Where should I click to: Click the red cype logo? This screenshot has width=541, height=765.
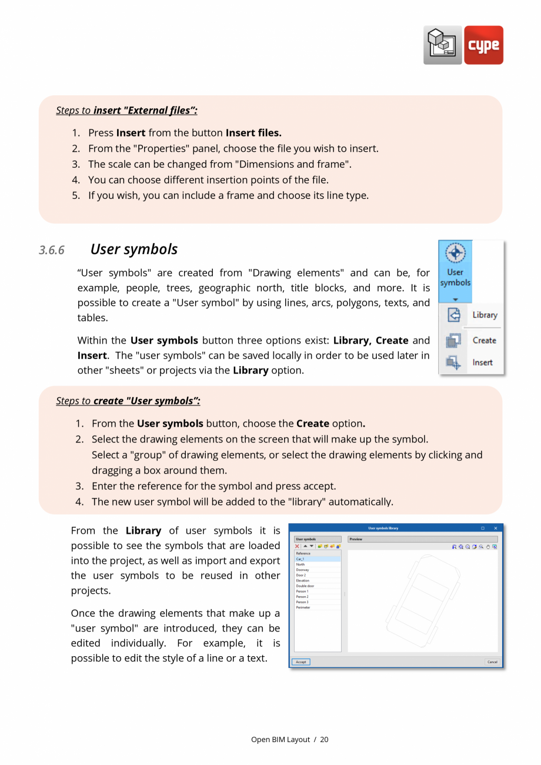click(483, 45)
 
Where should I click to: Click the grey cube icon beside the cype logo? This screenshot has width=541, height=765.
click(443, 45)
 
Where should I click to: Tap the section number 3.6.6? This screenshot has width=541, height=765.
click(52, 250)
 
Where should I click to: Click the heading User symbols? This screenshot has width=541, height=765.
click(134, 250)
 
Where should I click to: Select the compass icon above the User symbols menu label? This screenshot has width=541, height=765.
click(455, 253)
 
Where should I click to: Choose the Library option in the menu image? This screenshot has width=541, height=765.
click(485, 315)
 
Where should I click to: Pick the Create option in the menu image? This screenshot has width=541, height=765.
click(484, 340)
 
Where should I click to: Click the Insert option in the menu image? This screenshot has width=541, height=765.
click(482, 362)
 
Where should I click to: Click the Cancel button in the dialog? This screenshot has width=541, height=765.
click(492, 662)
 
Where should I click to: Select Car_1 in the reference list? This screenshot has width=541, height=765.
click(300, 559)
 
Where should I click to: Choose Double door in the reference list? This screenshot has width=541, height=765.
click(305, 586)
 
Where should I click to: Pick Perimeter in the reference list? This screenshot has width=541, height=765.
click(303, 607)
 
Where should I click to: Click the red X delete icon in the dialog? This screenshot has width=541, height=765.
click(298, 547)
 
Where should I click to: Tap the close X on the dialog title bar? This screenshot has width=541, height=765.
click(495, 528)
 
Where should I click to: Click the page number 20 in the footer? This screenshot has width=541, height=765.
click(325, 740)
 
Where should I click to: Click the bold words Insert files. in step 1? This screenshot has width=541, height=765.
click(253, 133)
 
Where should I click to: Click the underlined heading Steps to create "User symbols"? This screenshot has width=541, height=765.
click(128, 401)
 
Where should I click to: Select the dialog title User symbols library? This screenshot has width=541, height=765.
click(383, 528)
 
